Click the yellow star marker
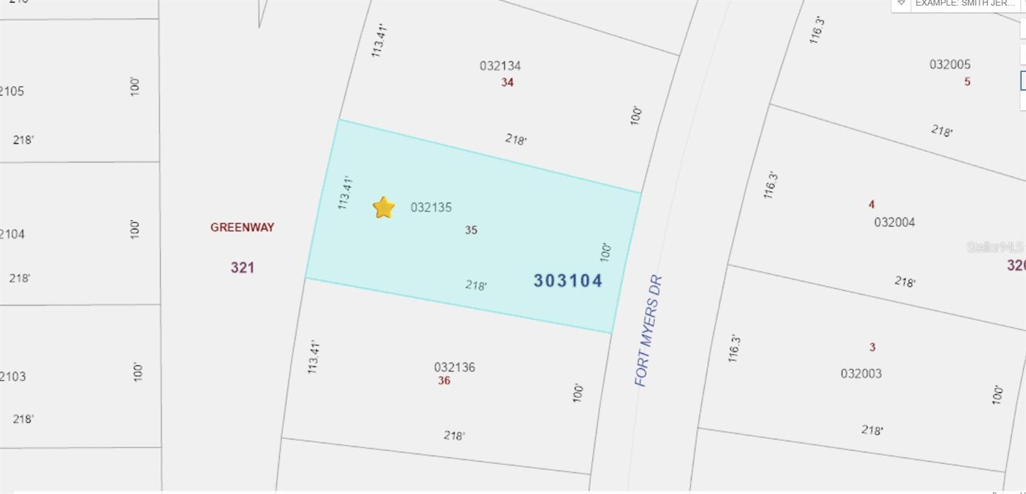click(383, 207)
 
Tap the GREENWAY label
click(242, 227)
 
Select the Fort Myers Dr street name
click(648, 331)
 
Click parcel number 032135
click(431, 207)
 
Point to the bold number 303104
click(568, 280)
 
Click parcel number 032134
click(500, 66)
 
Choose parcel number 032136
click(455, 367)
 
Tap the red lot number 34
click(507, 82)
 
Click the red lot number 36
click(444, 380)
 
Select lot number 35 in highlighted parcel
click(471, 230)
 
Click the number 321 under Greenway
click(242, 268)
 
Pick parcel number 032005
click(950, 64)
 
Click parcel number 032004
click(895, 222)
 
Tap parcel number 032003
click(861, 373)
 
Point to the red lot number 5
click(967, 81)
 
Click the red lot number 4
click(871, 205)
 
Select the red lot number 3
click(872, 347)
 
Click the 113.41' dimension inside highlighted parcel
click(345, 192)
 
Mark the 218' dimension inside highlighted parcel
click(476, 285)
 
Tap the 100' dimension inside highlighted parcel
click(605, 251)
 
